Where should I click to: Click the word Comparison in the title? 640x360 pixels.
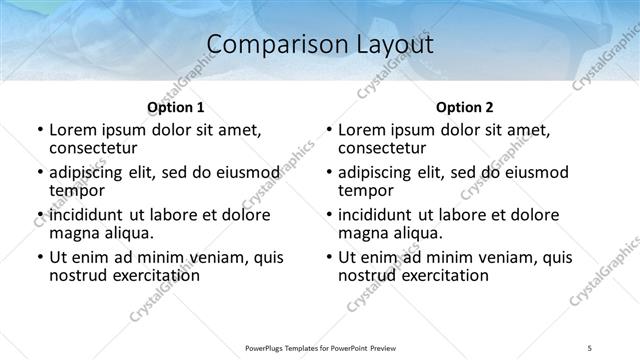point(266,45)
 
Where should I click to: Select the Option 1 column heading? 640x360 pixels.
point(176,107)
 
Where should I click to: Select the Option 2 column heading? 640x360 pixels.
point(465,107)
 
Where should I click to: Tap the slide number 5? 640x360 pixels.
point(590,348)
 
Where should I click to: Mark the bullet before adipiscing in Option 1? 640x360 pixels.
point(40,173)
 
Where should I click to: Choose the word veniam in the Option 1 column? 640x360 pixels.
point(219,257)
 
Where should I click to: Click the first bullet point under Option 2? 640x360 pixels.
point(329,130)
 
